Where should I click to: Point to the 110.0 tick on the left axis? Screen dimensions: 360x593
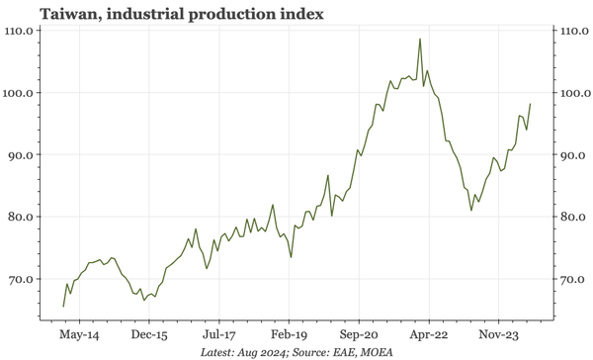coord(22,31)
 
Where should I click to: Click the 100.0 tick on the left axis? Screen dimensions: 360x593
coord(22,93)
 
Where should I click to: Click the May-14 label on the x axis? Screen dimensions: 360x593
coord(78,334)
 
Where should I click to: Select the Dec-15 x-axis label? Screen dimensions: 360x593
coord(148,334)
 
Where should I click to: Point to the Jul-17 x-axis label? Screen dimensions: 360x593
coord(218,334)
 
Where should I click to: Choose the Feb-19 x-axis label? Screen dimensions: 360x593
coord(289,334)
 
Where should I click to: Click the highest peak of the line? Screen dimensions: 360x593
coord(420,40)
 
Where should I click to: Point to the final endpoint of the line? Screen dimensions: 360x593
coord(531,104)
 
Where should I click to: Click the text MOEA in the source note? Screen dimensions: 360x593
coord(373,352)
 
